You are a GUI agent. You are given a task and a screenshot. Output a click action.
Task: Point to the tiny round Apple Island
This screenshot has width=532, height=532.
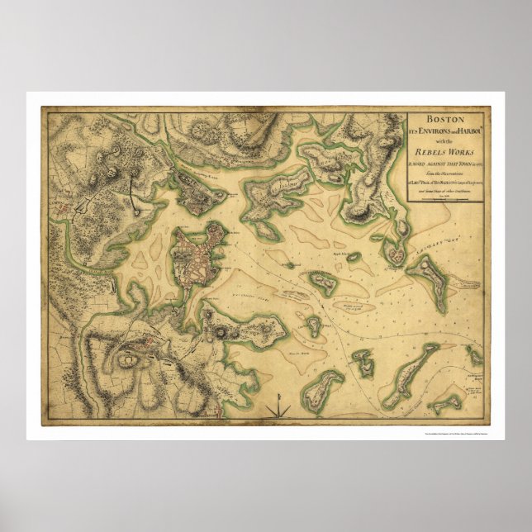click(x=354, y=257)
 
